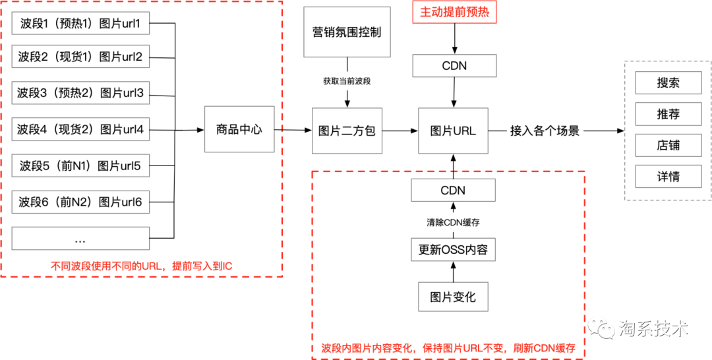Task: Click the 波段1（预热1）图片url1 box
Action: click(x=80, y=24)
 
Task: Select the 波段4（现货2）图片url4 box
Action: click(x=80, y=130)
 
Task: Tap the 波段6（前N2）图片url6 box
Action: click(x=80, y=202)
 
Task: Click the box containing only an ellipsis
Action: click(x=80, y=238)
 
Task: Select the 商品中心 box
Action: click(x=239, y=130)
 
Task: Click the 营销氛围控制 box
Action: click(x=347, y=32)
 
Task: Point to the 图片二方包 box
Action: click(x=347, y=131)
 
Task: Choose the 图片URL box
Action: click(x=454, y=131)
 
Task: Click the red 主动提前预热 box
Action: click(x=454, y=13)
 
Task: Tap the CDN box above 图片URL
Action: click(x=454, y=66)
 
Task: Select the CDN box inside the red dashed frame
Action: click(x=454, y=191)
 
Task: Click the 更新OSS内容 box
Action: click(x=454, y=251)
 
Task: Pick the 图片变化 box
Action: click(x=454, y=297)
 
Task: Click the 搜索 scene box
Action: click(x=668, y=83)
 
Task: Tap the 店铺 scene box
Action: click(x=668, y=146)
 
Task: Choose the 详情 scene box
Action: click(x=668, y=177)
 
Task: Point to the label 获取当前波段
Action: click(x=347, y=80)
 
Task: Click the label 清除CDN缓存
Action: click(x=454, y=222)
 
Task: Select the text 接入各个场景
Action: click(x=545, y=131)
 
